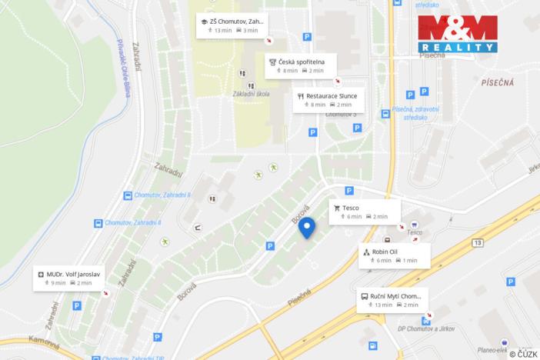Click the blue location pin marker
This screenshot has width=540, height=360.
[307, 227]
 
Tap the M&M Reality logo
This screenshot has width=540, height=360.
[458, 34]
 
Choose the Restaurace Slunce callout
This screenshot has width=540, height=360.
[327, 100]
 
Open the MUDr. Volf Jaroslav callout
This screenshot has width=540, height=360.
[72, 278]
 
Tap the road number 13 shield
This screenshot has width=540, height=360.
[478, 243]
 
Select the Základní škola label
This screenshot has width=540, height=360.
[250, 95]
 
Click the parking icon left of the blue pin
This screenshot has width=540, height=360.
[270, 246]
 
